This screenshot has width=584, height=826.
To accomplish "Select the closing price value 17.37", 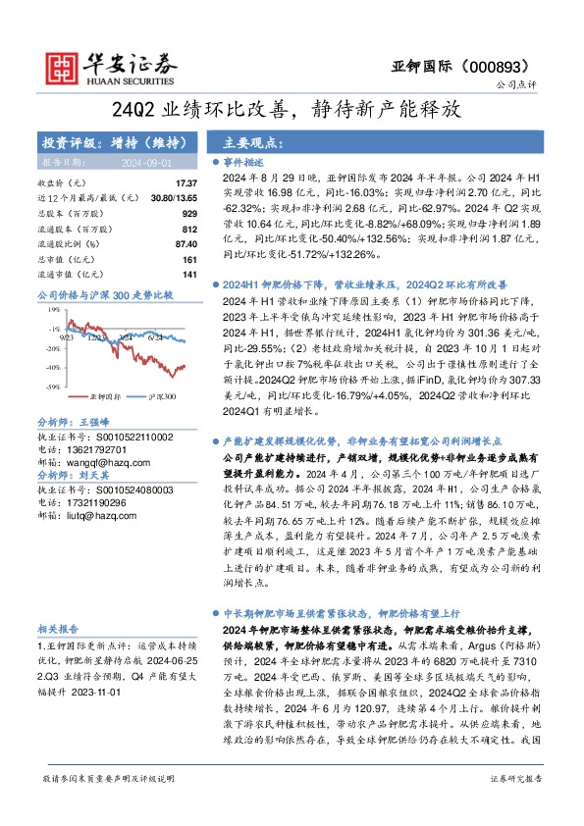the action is click(x=186, y=183).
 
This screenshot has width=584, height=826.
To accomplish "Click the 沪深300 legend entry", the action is click(x=161, y=396).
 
